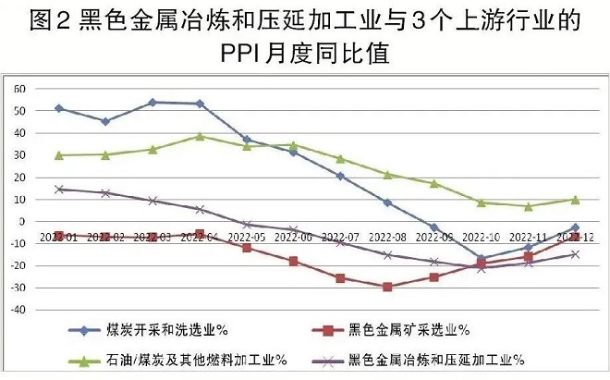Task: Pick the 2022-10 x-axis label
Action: pos(482,236)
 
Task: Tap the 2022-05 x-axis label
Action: pos(247,236)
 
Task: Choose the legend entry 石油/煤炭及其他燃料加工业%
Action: pos(193,358)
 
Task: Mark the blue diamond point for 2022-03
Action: pos(152,102)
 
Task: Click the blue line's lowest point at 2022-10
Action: pos(482,258)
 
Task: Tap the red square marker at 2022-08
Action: pos(387,287)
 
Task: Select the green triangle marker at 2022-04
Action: pos(200,136)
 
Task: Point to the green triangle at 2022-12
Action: pos(575,199)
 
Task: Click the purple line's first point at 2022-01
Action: pos(59,189)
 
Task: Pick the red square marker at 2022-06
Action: pos(294,261)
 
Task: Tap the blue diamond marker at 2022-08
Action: pos(387,202)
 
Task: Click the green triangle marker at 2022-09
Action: pos(434,183)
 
